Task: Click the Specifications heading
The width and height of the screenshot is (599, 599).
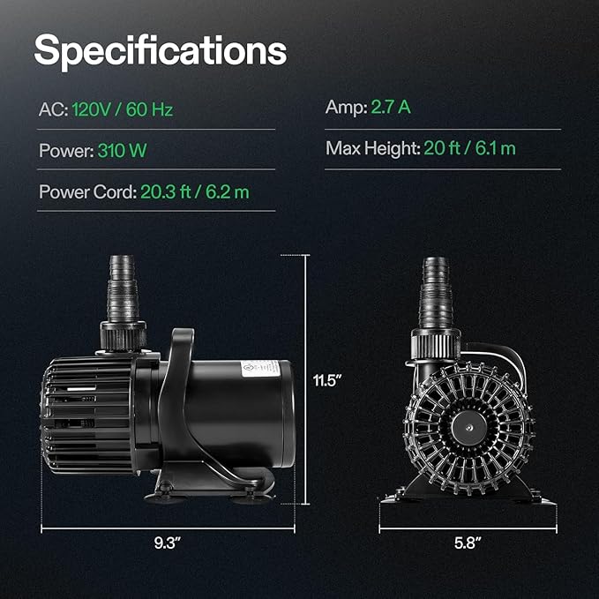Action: coord(161,51)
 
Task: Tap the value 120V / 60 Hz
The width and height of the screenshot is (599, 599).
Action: coord(123,109)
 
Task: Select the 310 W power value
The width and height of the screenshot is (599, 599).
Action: coord(123,150)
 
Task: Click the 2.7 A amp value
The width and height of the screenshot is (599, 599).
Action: coord(391,107)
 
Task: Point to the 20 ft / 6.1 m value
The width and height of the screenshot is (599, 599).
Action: coord(469,148)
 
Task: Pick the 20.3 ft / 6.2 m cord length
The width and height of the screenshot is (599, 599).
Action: coord(195,191)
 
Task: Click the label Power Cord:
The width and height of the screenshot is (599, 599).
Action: coord(88,191)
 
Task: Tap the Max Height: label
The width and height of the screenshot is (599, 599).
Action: coord(373,148)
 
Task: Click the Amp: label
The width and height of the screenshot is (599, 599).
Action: coord(347,108)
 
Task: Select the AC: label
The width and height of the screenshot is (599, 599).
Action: coord(54,109)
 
